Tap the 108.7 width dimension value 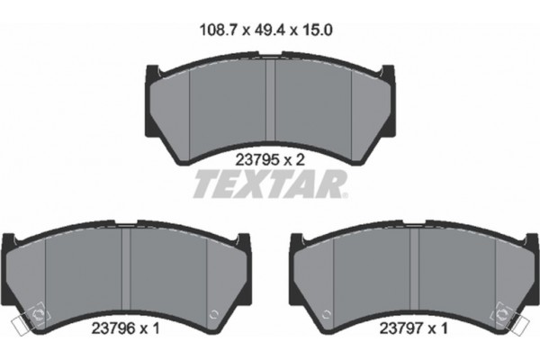click(x=216, y=29)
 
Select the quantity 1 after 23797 click(x=445, y=329)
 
